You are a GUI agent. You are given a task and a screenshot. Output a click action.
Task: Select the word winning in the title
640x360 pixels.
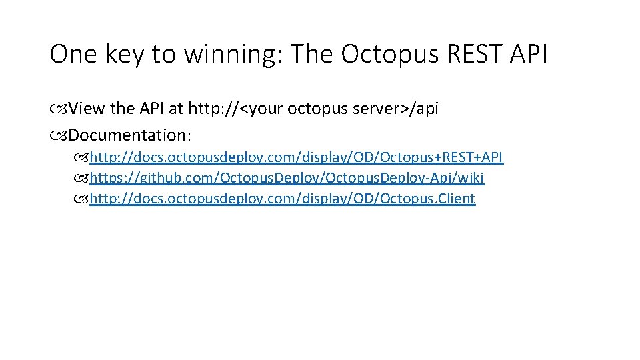tap(230, 55)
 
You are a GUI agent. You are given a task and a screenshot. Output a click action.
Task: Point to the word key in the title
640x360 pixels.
tap(125, 55)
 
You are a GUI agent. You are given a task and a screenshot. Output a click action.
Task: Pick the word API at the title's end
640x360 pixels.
tap(529, 55)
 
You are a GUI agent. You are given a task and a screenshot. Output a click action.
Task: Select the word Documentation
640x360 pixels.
tap(129, 135)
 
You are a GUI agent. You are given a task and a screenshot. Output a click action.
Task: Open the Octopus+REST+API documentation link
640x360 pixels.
tap(297, 157)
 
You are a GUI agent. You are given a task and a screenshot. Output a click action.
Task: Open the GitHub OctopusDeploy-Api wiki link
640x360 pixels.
tap(287, 178)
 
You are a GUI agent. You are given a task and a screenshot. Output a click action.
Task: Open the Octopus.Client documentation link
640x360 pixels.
tap(283, 199)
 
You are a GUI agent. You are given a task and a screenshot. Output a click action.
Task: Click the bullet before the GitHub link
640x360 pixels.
tap(81, 179)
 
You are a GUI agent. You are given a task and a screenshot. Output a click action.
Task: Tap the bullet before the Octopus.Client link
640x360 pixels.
tap(81, 199)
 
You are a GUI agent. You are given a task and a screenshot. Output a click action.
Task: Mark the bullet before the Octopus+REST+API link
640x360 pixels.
tap(81, 158)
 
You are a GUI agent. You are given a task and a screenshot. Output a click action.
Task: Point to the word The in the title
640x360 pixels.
tap(314, 55)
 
